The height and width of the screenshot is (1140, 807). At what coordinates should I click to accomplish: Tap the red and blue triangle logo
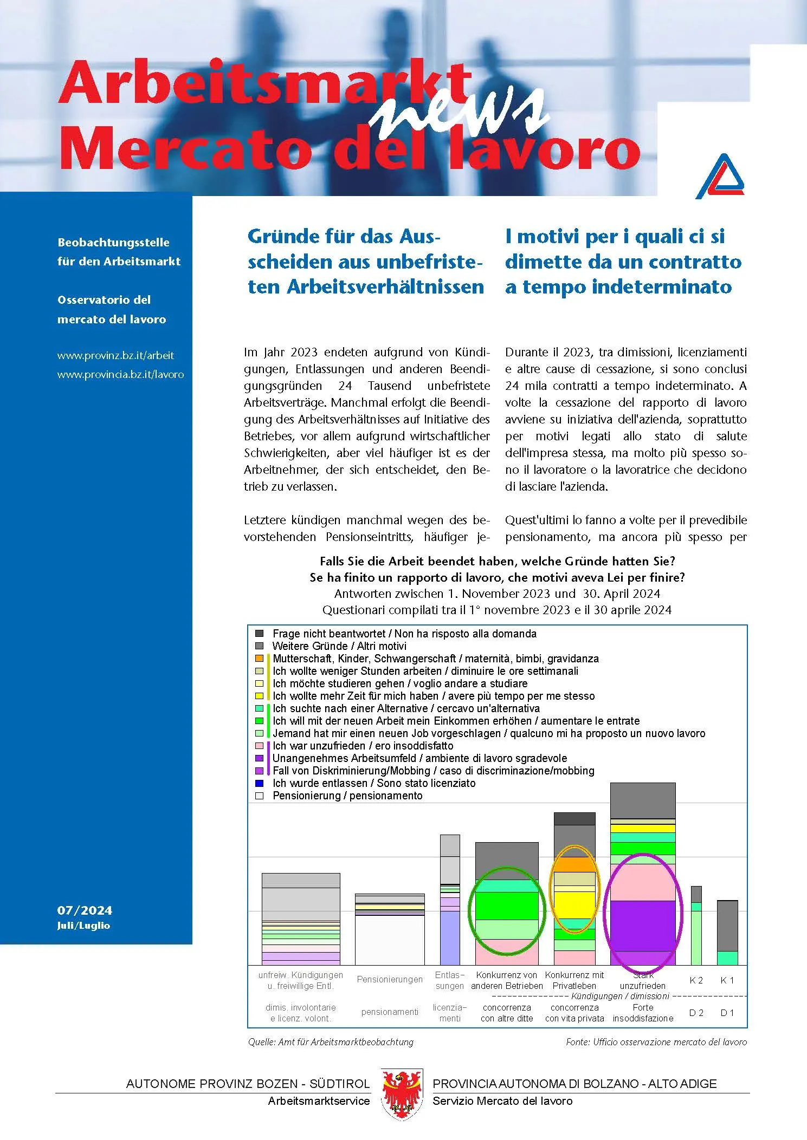[x=720, y=177]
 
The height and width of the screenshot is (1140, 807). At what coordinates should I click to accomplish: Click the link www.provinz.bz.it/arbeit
[x=115, y=356]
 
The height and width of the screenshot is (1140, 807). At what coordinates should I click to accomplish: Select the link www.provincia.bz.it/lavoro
[x=120, y=375]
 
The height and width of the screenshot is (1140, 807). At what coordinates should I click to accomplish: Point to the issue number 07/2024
[x=85, y=910]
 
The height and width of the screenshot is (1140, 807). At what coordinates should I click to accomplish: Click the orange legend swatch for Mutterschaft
[x=260, y=659]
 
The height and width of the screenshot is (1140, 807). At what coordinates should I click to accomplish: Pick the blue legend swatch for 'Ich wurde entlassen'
[x=260, y=783]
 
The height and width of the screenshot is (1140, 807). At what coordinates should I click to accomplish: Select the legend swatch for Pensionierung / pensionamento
[x=260, y=796]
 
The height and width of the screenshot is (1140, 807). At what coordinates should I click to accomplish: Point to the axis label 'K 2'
[x=696, y=980]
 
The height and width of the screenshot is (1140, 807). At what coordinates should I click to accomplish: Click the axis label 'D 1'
[x=727, y=1013]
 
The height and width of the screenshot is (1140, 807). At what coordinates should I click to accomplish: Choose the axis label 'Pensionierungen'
[x=390, y=979]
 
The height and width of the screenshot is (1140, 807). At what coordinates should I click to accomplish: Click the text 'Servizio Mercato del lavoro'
[x=502, y=1101]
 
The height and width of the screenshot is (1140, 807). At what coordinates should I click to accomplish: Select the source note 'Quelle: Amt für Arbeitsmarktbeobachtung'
[x=331, y=1042]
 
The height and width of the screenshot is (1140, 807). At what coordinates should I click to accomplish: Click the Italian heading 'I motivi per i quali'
[x=615, y=236]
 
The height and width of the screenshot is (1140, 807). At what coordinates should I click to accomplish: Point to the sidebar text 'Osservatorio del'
[x=104, y=300]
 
